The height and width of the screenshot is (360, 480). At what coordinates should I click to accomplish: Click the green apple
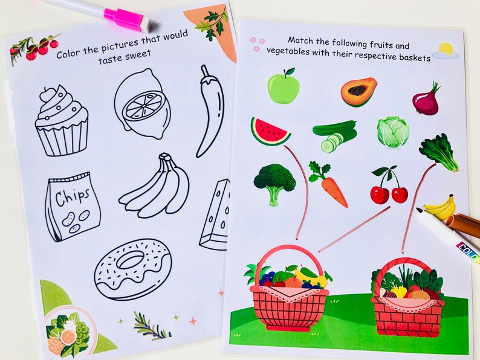pos(284,87)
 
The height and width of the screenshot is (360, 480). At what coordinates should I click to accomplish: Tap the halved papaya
pos(358,92)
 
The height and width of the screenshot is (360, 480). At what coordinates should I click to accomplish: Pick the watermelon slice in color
pos(270,130)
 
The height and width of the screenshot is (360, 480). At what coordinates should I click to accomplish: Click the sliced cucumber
pos(334,135)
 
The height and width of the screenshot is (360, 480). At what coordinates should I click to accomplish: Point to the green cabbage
pos(393,132)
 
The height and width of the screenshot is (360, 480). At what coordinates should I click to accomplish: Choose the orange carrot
pos(329,185)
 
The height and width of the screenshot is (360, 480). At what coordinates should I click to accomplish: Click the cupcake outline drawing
pos(61,121)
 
